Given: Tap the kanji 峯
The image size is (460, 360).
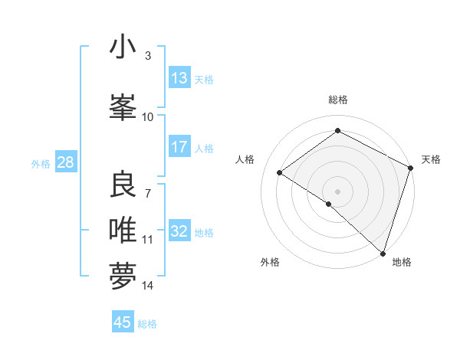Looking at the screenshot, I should [x=123, y=106].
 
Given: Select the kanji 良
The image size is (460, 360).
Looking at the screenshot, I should [x=123, y=185].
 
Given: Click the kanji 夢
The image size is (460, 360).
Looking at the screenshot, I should [x=123, y=277].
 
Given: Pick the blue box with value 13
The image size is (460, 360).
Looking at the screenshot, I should [x=179, y=78].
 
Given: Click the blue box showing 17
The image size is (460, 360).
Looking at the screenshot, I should [x=179, y=147].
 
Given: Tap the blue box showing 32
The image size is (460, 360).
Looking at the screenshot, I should [x=179, y=231].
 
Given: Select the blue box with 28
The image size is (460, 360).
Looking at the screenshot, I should [x=65, y=162].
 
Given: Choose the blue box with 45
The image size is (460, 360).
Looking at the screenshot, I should [x=123, y=322].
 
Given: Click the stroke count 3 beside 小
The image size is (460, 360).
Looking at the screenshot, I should [x=147, y=56].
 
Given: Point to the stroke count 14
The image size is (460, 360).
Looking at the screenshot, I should [x=148, y=286].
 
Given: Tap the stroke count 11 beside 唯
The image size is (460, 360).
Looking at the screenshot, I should [x=148, y=240].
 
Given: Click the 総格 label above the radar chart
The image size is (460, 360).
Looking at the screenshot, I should [x=337, y=100].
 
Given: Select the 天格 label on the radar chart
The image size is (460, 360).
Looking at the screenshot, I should [x=431, y=159].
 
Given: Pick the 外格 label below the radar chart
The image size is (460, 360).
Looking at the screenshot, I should [x=270, y=262].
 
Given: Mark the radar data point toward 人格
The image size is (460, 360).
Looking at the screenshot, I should [x=280, y=172].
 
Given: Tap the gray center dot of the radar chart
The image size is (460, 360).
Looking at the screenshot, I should [x=337, y=191].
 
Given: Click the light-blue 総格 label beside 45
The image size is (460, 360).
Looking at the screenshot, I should [x=147, y=324].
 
